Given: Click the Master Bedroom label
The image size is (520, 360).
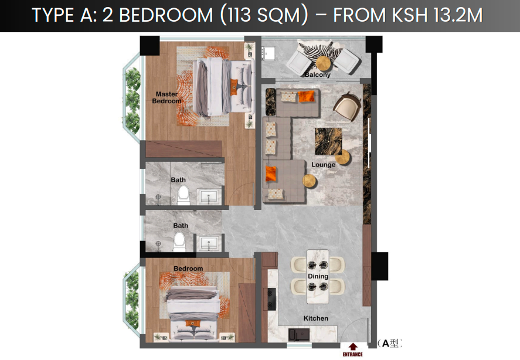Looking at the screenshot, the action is coord(167,97).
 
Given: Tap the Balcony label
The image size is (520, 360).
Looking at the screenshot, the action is coord(317,74).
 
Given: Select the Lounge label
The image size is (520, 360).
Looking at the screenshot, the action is coord(324,165).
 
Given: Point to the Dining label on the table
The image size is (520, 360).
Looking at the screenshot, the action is coord(318,276).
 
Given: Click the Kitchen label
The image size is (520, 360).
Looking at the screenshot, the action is coord(316,318).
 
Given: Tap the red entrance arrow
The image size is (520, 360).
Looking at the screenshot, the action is coord(353,347).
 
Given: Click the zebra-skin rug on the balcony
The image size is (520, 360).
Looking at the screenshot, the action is coord(320,53).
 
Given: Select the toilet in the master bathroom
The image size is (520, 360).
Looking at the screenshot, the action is coord(183,195).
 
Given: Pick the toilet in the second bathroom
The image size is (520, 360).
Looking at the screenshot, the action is coord(179,242).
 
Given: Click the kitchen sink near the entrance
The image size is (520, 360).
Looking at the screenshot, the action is coord(299,334).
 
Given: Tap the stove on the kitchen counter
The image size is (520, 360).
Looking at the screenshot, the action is coord(271,299).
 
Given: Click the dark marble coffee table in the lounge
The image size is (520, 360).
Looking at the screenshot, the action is coord(328,141).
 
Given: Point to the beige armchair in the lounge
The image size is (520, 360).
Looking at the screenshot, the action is coord(347,106).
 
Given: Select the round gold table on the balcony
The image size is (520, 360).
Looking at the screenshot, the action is coord(323,63).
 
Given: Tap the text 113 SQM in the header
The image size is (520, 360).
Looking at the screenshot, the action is coord(264,15).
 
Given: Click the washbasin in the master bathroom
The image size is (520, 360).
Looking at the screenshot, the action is coord(208,197).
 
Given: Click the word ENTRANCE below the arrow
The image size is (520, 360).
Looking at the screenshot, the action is coord(352,354).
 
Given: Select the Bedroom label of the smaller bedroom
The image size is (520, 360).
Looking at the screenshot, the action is coord(188,269).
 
